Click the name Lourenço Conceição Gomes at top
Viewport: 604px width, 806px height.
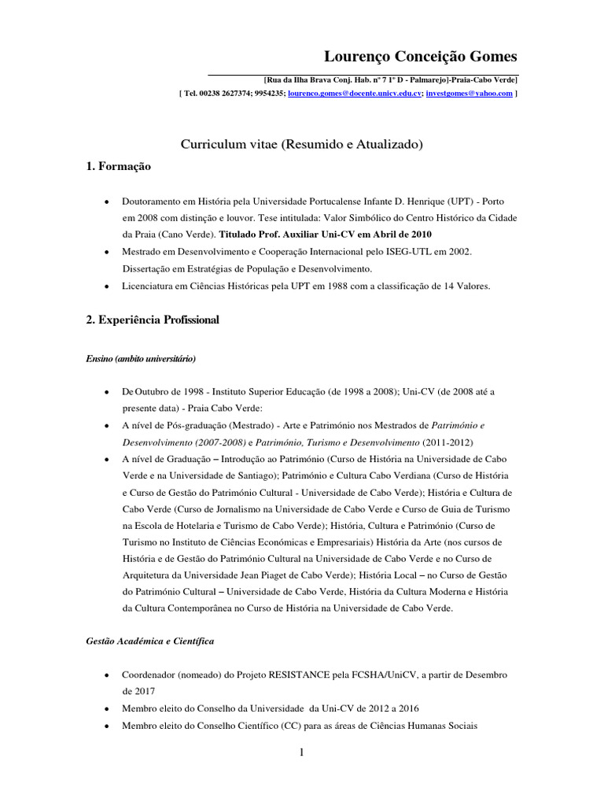tap(421, 57)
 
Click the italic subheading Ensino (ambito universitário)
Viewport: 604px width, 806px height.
tap(141, 359)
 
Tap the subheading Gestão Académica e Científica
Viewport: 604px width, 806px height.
tap(149, 641)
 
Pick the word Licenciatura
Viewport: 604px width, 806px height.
tap(149, 287)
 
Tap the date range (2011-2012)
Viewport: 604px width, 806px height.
tap(447, 442)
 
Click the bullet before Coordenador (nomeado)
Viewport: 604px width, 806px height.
tap(105, 676)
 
